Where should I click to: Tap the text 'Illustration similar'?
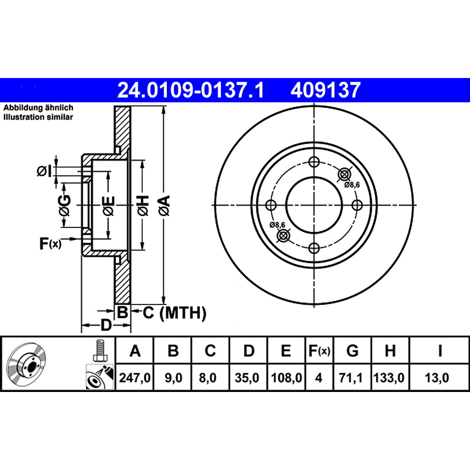coord(39,117)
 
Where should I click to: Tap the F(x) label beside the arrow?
coord(50,243)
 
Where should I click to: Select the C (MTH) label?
coord(174,312)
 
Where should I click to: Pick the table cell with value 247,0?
coord(135,377)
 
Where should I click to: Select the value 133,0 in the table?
coord(390,377)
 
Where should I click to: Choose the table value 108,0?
coord(286,377)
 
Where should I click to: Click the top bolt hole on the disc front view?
coord(313,162)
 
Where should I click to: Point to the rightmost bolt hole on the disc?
coord(357,205)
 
